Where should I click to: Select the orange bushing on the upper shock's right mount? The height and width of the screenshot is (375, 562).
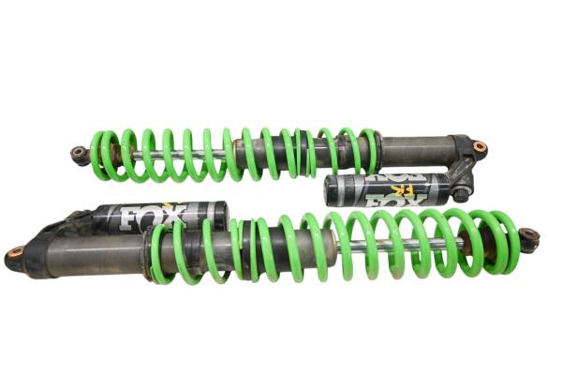(x=480, y=147)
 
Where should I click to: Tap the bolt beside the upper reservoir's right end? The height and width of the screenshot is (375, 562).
(x=460, y=193)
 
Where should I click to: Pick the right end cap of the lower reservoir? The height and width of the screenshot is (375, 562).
(x=221, y=216)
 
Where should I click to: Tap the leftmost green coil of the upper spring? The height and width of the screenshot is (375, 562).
(x=97, y=155)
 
